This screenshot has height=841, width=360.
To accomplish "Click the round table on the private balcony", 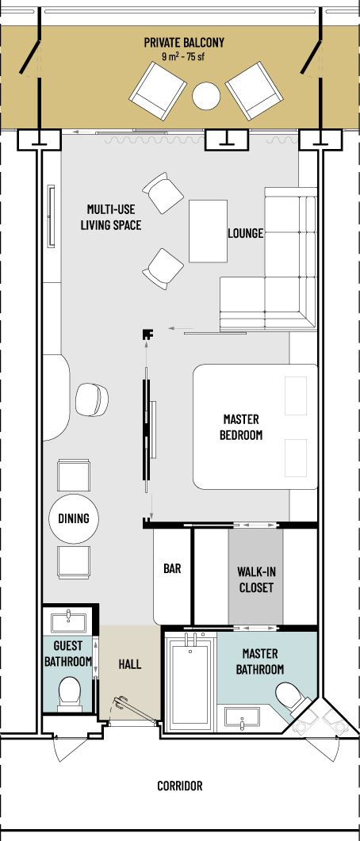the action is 206,96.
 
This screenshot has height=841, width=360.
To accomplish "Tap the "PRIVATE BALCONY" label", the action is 184,42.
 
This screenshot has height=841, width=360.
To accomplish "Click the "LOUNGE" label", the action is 246,233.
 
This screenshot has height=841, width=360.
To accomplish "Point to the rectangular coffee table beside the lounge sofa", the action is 209,231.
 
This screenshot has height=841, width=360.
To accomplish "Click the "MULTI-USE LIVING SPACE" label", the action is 111,216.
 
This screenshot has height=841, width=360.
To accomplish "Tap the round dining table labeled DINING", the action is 73,518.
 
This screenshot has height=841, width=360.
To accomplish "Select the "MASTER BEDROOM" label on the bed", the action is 241,426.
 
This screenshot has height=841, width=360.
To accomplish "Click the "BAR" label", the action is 172,568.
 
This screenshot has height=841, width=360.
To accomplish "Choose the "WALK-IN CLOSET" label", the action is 255,579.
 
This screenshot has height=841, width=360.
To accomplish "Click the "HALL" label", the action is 130,664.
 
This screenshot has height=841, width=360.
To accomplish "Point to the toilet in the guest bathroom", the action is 69,693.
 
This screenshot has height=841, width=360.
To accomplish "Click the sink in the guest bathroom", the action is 70,622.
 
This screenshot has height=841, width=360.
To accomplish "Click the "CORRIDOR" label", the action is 180,786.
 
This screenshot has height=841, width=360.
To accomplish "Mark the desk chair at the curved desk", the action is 92,399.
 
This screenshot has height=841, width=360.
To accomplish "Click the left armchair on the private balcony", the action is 158,90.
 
